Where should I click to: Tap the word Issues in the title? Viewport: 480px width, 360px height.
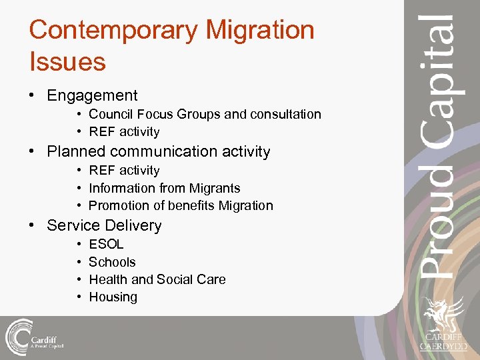(x=67, y=62)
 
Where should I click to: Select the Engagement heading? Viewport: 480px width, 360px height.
(x=92, y=96)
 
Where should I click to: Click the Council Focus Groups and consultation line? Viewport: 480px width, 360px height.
(x=205, y=115)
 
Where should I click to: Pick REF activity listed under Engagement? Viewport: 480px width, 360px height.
(x=124, y=132)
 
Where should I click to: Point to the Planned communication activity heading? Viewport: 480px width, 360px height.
(x=158, y=151)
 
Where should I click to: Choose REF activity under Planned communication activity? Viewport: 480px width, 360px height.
(x=124, y=171)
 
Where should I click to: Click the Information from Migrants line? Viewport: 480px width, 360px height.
(x=164, y=189)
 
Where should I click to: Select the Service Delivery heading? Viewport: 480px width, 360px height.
(x=104, y=225)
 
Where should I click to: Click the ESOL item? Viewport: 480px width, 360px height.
(x=106, y=245)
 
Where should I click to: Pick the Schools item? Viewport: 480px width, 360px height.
(x=112, y=262)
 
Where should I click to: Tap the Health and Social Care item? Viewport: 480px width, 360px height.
(x=157, y=279)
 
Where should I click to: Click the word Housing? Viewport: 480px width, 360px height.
(x=113, y=297)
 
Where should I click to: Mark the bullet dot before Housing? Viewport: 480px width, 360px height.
(x=79, y=297)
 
